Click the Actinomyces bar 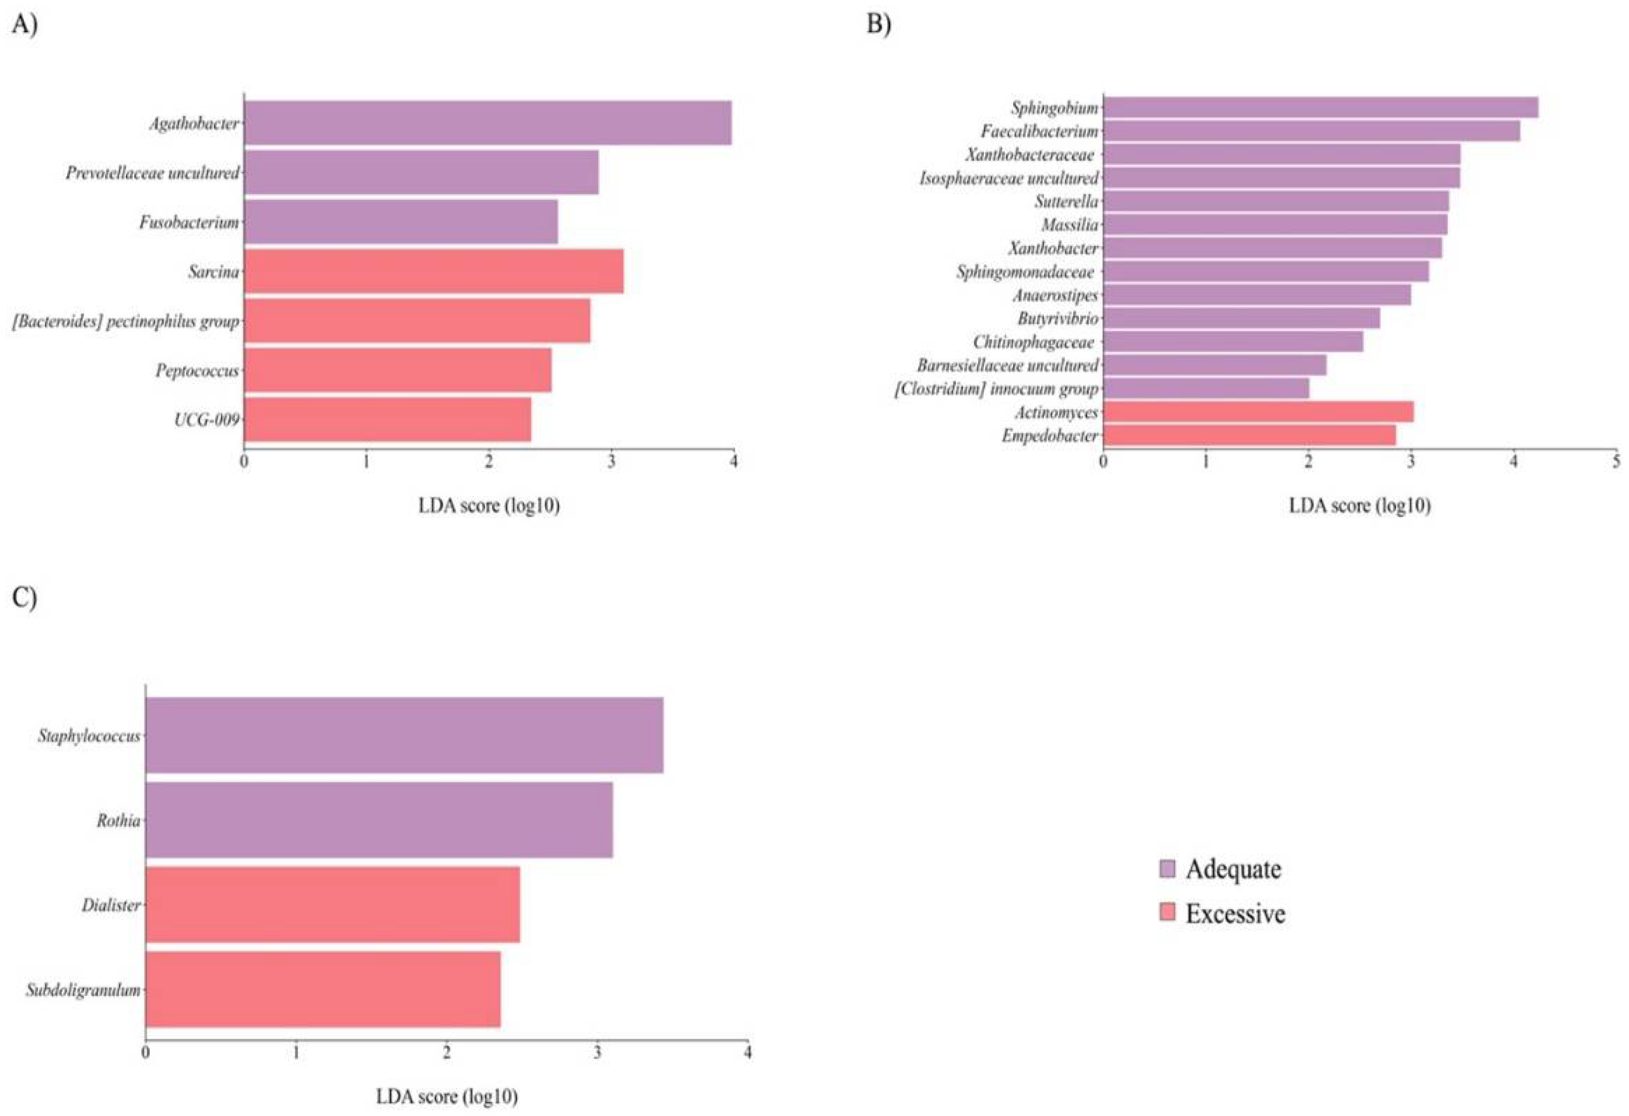coord(1258,412)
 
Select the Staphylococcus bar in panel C coord(404,735)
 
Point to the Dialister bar coord(332,904)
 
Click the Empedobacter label coord(1049,436)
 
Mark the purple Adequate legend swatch coord(1167,869)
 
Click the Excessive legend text coord(1235,913)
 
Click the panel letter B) coord(879,25)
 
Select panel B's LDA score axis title coord(1359,505)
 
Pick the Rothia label coord(118,820)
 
